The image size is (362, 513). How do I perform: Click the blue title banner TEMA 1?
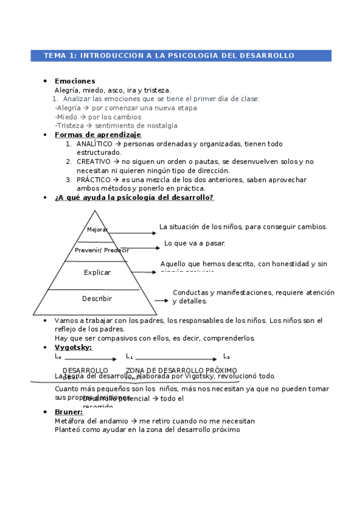[x=181, y=56]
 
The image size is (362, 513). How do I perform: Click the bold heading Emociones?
[x=75, y=81]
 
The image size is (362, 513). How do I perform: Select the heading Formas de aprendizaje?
[x=97, y=135]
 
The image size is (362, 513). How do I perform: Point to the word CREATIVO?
[x=94, y=162]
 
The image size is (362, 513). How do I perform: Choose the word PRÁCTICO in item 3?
[x=94, y=180]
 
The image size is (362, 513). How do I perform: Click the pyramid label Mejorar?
[x=97, y=230]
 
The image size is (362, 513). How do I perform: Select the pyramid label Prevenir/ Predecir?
[x=102, y=250]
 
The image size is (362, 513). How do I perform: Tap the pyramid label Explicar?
[x=97, y=273]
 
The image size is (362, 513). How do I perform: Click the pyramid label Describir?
[x=97, y=299]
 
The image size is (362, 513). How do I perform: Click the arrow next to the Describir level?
[x=161, y=300]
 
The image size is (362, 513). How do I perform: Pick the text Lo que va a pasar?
[x=195, y=243]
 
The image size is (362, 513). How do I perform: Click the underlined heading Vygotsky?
[x=73, y=348]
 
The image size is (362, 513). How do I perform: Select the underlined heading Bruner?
[x=68, y=412]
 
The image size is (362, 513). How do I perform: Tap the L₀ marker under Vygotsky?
[x=58, y=357]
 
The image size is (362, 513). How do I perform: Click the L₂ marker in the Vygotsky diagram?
[x=227, y=357]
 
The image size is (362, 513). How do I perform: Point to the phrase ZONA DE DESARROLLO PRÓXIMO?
[x=181, y=370]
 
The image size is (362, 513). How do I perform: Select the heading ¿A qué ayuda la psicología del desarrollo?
[x=134, y=198]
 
